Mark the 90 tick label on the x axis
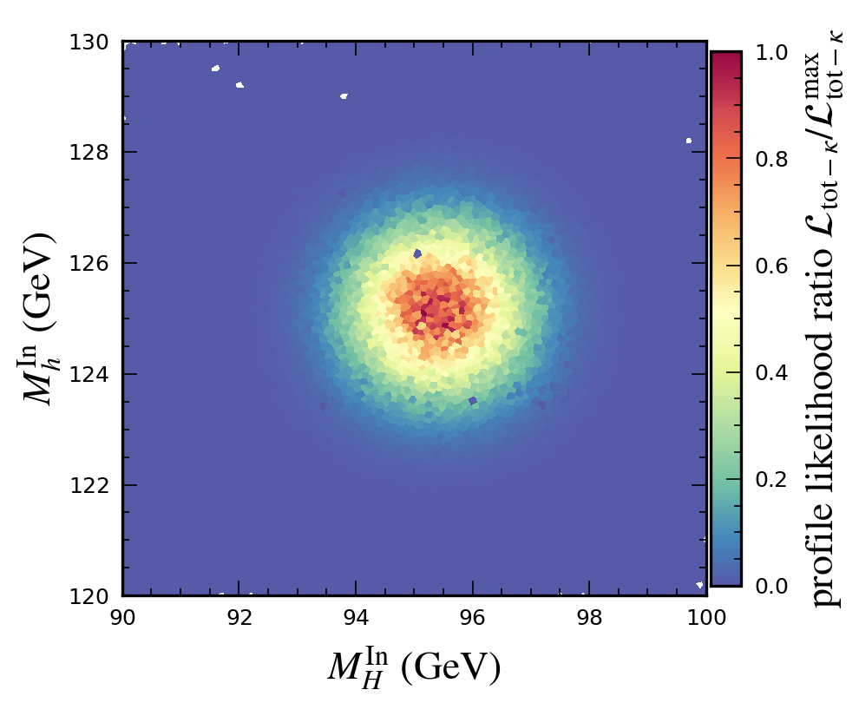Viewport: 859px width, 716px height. [x=122, y=616]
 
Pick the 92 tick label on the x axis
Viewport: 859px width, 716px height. [x=239, y=616]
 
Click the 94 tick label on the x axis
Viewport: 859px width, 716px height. [x=357, y=616]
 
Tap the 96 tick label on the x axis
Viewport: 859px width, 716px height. [x=473, y=616]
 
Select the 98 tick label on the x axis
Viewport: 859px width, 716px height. [x=590, y=616]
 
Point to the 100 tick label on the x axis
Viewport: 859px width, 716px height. [x=706, y=616]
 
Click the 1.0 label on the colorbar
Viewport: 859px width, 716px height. [x=771, y=53]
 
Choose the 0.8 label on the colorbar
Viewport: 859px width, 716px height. [x=771, y=160]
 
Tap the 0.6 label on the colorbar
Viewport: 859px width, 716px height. [x=771, y=266]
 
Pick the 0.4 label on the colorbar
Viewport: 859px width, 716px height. [x=771, y=373]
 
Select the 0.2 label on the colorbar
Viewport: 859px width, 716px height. [x=771, y=480]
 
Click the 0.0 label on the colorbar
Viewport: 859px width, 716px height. [x=771, y=587]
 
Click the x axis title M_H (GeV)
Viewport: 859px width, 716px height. [x=414, y=667]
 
